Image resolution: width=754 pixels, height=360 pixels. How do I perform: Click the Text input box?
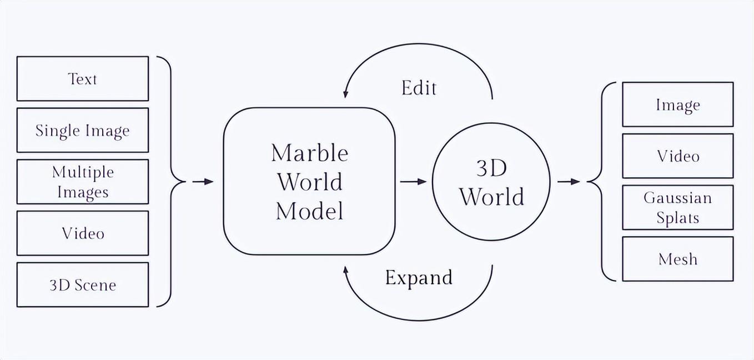click(83, 78)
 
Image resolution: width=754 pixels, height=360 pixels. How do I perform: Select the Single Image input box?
click(83, 130)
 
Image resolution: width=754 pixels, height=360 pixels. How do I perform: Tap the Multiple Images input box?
click(83, 182)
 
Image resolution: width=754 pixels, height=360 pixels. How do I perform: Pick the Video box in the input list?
click(83, 233)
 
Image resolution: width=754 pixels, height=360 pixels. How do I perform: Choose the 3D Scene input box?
click(83, 284)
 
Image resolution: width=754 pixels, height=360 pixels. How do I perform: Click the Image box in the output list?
click(677, 104)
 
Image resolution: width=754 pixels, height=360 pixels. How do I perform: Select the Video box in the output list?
click(677, 156)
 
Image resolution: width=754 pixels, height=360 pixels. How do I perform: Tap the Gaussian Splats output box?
click(677, 207)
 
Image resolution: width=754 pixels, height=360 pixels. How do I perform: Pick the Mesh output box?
click(677, 259)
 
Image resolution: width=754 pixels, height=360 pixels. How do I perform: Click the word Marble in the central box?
click(309, 153)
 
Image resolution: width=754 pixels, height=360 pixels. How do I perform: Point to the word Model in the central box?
click(309, 211)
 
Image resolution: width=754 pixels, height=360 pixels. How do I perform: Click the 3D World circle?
click(491, 182)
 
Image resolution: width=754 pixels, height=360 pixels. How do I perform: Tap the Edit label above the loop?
click(419, 88)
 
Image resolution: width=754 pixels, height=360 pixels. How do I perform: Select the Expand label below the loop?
click(419, 277)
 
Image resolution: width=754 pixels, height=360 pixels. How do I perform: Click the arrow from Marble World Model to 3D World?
click(413, 182)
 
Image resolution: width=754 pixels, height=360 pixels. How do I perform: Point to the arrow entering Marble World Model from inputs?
click(203, 182)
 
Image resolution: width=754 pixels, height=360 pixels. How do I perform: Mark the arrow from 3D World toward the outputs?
click(569, 182)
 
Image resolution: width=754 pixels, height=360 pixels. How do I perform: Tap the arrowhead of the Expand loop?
click(346, 271)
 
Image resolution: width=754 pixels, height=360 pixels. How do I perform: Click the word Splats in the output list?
click(677, 218)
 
